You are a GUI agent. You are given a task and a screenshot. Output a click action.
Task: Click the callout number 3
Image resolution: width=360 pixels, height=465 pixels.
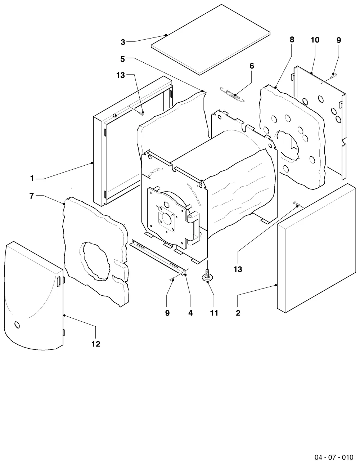coord(123,42)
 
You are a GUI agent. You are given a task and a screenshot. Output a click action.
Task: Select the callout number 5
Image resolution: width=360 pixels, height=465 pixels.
coord(122,59)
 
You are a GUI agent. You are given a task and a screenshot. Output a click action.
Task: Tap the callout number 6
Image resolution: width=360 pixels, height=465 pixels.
coord(252,66)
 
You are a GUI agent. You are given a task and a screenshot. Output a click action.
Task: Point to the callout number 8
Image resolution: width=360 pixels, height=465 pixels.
coord(292,40)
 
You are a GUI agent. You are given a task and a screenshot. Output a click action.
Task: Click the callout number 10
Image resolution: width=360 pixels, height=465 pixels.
coord(315,40)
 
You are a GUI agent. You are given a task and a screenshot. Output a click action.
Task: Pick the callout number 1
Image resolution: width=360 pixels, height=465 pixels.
coord(32,178)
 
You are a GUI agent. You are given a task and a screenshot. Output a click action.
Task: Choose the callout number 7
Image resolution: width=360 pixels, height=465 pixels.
coord(32,196)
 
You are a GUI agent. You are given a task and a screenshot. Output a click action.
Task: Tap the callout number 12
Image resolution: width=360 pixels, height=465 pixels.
coord(96,344)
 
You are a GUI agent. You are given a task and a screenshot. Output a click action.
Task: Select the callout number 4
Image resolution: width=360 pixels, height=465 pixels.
coord(190,313)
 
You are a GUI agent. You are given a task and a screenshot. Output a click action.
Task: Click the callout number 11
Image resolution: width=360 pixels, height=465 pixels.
coord(214,313)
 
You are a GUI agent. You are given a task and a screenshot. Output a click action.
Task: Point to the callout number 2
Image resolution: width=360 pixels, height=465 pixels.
coord(238,313)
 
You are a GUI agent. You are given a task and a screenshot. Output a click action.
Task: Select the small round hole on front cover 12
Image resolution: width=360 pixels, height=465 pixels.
coord(17,325)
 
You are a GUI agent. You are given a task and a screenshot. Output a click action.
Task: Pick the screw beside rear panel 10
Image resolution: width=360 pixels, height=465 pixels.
coord(333,76)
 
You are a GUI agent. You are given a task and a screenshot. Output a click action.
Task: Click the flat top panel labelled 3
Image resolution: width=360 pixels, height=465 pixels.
coord(211,40)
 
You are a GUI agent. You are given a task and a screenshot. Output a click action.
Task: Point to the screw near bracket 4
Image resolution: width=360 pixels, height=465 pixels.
coord(173,279)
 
